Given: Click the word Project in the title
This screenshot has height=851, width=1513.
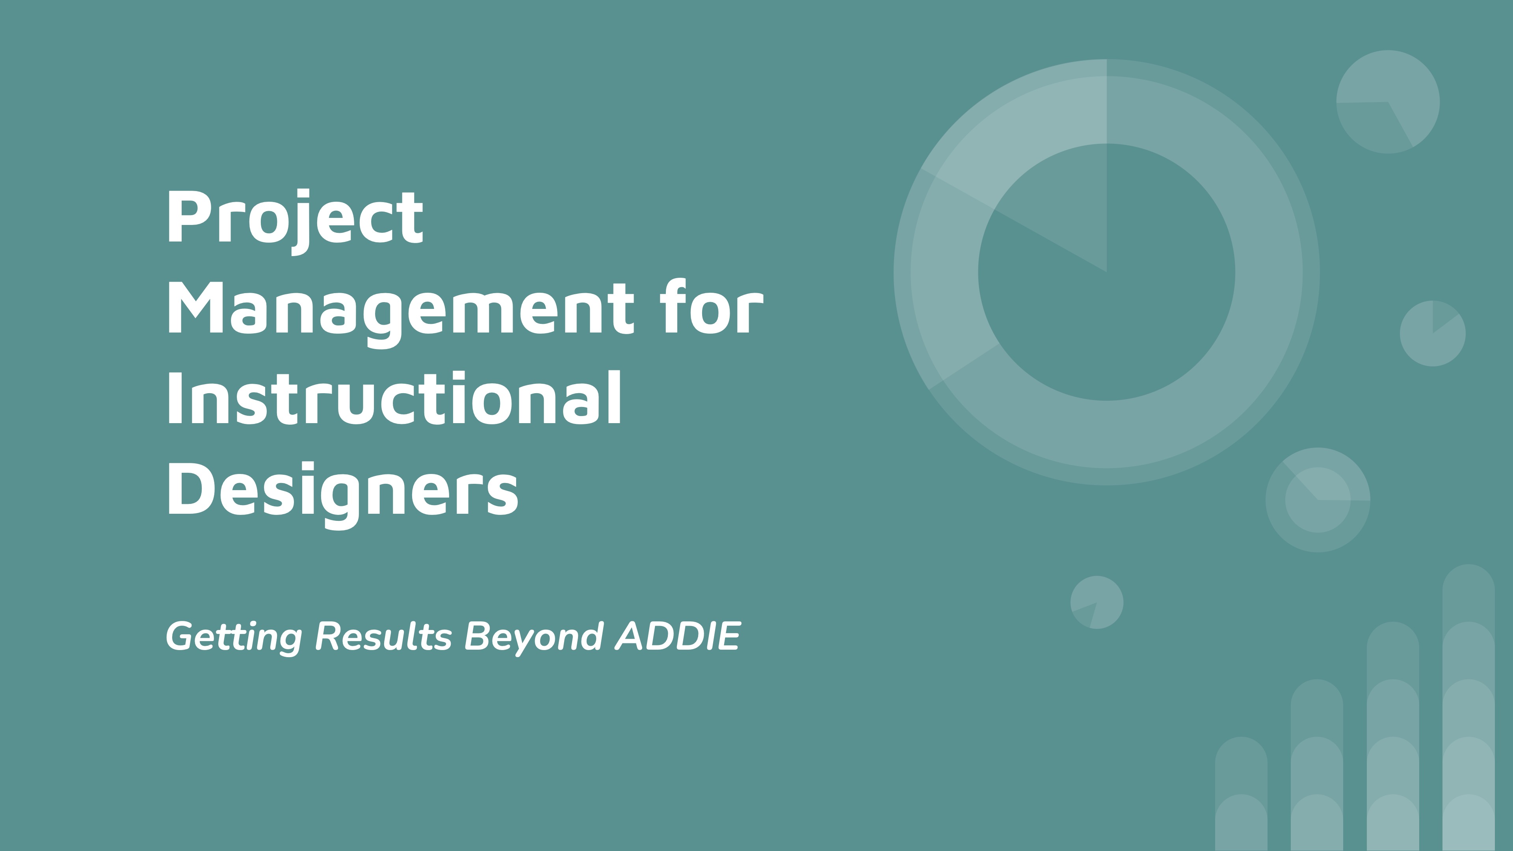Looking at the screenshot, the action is point(295,221).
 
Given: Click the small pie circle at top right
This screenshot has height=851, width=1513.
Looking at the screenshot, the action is point(1388,102).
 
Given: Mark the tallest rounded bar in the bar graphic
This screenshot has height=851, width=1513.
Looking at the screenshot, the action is point(1468,707).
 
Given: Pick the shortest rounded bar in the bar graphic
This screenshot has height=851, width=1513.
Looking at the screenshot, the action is point(1241,793).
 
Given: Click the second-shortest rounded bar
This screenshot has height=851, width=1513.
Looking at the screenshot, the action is point(1317,765).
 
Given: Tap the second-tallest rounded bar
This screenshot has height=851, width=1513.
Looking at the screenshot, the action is point(1392,736).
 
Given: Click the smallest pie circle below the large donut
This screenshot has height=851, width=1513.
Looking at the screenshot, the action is point(1097,602).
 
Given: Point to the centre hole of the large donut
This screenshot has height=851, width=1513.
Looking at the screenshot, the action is point(1106,272).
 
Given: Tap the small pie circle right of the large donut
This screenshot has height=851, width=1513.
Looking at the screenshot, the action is point(1433,334).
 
